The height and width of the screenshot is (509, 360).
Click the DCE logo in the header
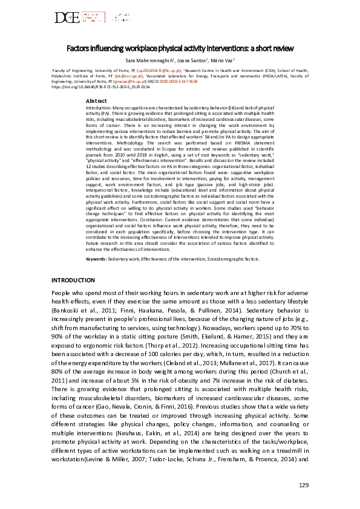click(68, 18)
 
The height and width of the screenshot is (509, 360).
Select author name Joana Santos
click(193, 61)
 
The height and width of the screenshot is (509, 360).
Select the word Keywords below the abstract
click(96, 258)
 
